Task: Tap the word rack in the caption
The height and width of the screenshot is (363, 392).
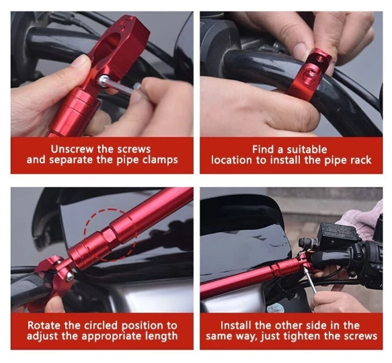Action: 357,160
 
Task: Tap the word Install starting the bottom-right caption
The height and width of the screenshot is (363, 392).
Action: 239,325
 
